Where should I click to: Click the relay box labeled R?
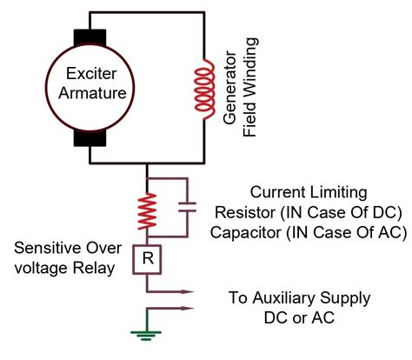(x=149, y=258)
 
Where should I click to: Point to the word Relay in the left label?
(x=95, y=269)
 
